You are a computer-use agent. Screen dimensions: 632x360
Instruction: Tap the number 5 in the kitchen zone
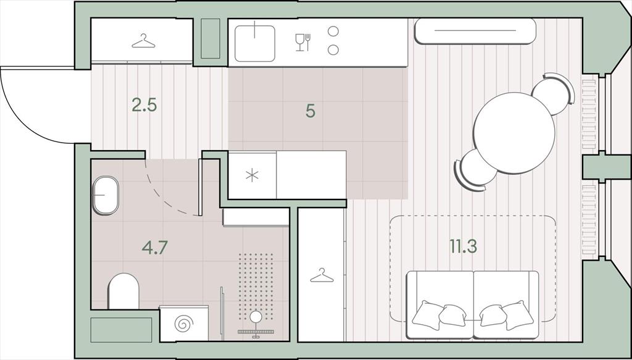(x=310, y=111)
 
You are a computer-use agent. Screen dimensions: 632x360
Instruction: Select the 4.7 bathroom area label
(x=154, y=248)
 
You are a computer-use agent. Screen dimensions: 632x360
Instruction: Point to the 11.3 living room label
(x=464, y=246)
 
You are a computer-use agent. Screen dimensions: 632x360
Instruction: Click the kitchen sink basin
(x=255, y=44)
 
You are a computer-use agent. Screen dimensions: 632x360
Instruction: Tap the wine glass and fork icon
(x=303, y=43)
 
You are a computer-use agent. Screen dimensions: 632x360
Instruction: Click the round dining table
(x=514, y=133)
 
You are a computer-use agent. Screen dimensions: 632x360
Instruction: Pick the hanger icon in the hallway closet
(x=143, y=41)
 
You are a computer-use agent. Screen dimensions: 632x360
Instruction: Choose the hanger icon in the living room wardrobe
(x=322, y=275)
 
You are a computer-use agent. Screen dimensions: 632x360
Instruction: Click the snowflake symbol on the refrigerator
(x=252, y=175)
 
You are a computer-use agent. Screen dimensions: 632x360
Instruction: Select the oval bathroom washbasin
(x=106, y=195)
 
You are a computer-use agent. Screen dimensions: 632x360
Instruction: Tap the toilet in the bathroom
(x=123, y=291)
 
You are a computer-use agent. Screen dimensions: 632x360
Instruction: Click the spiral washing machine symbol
(x=184, y=324)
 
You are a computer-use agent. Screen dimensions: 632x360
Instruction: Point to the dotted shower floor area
(x=256, y=287)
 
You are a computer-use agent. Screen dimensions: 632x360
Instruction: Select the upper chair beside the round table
(x=554, y=93)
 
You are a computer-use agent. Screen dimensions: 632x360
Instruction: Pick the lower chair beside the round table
(x=476, y=170)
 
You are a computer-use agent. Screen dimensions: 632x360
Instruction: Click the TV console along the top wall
(x=475, y=31)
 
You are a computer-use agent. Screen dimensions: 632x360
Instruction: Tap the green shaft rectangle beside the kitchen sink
(x=210, y=38)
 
